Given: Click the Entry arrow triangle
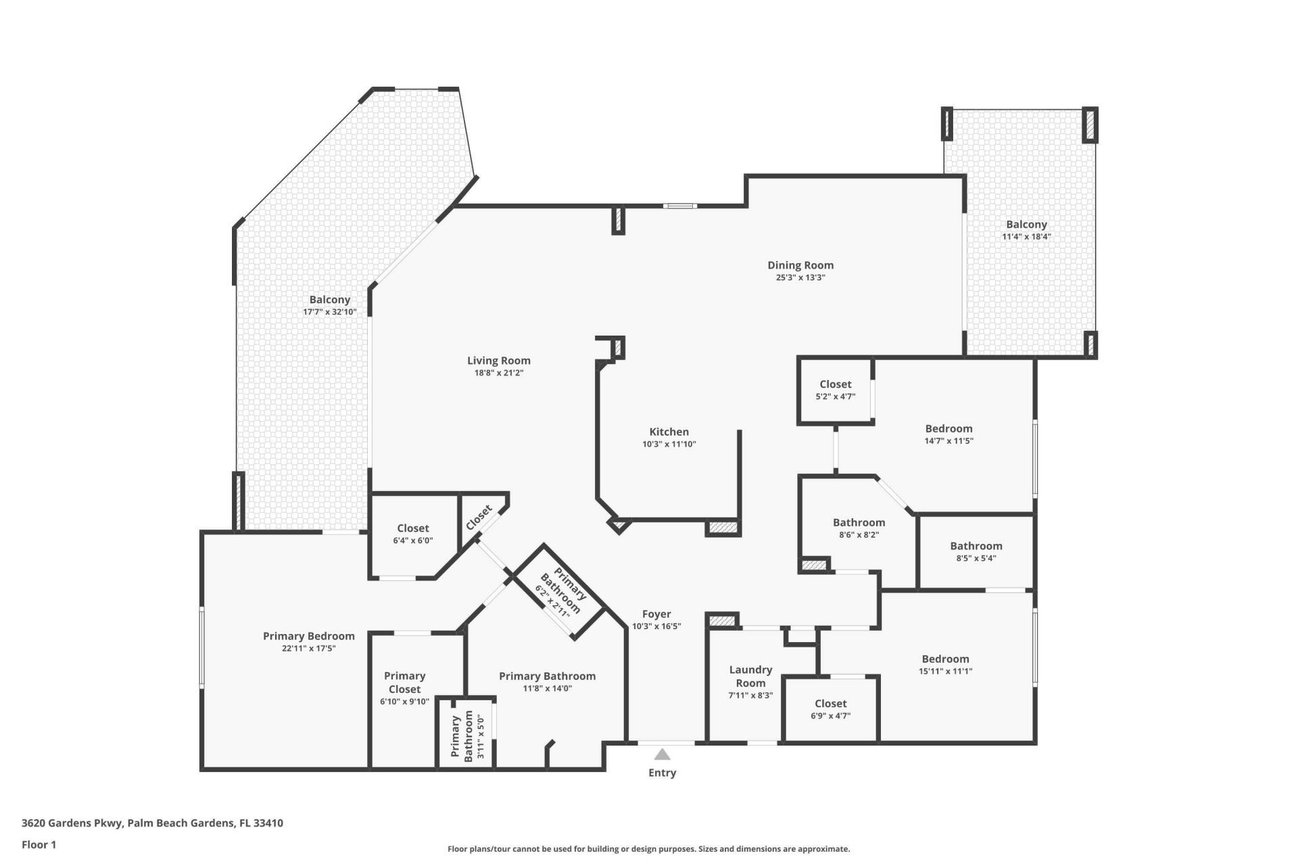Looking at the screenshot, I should (x=662, y=754).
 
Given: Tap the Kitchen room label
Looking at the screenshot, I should (x=669, y=432).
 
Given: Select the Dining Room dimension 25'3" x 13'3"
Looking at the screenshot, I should (x=800, y=277).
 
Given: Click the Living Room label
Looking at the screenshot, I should (x=498, y=361).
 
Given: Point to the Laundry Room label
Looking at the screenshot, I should (x=750, y=676).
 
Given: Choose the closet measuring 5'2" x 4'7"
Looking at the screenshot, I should (x=835, y=390).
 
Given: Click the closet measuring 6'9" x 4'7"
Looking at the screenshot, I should (x=830, y=709).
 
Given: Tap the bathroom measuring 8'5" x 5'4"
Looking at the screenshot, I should (x=976, y=551).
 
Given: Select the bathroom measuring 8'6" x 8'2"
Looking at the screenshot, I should (x=859, y=528).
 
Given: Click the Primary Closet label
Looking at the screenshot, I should (x=404, y=682).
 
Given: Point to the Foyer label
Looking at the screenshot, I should (x=656, y=614).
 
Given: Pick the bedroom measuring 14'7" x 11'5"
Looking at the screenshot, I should (x=948, y=434).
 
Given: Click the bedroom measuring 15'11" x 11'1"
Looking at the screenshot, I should (x=945, y=664).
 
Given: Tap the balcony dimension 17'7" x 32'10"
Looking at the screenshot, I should (x=329, y=312).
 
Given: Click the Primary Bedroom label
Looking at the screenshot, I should (x=308, y=636).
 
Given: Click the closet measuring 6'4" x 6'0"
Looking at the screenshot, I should (x=412, y=534).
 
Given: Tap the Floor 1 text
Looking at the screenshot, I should (x=39, y=844).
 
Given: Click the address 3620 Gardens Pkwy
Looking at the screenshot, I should (x=152, y=823).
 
